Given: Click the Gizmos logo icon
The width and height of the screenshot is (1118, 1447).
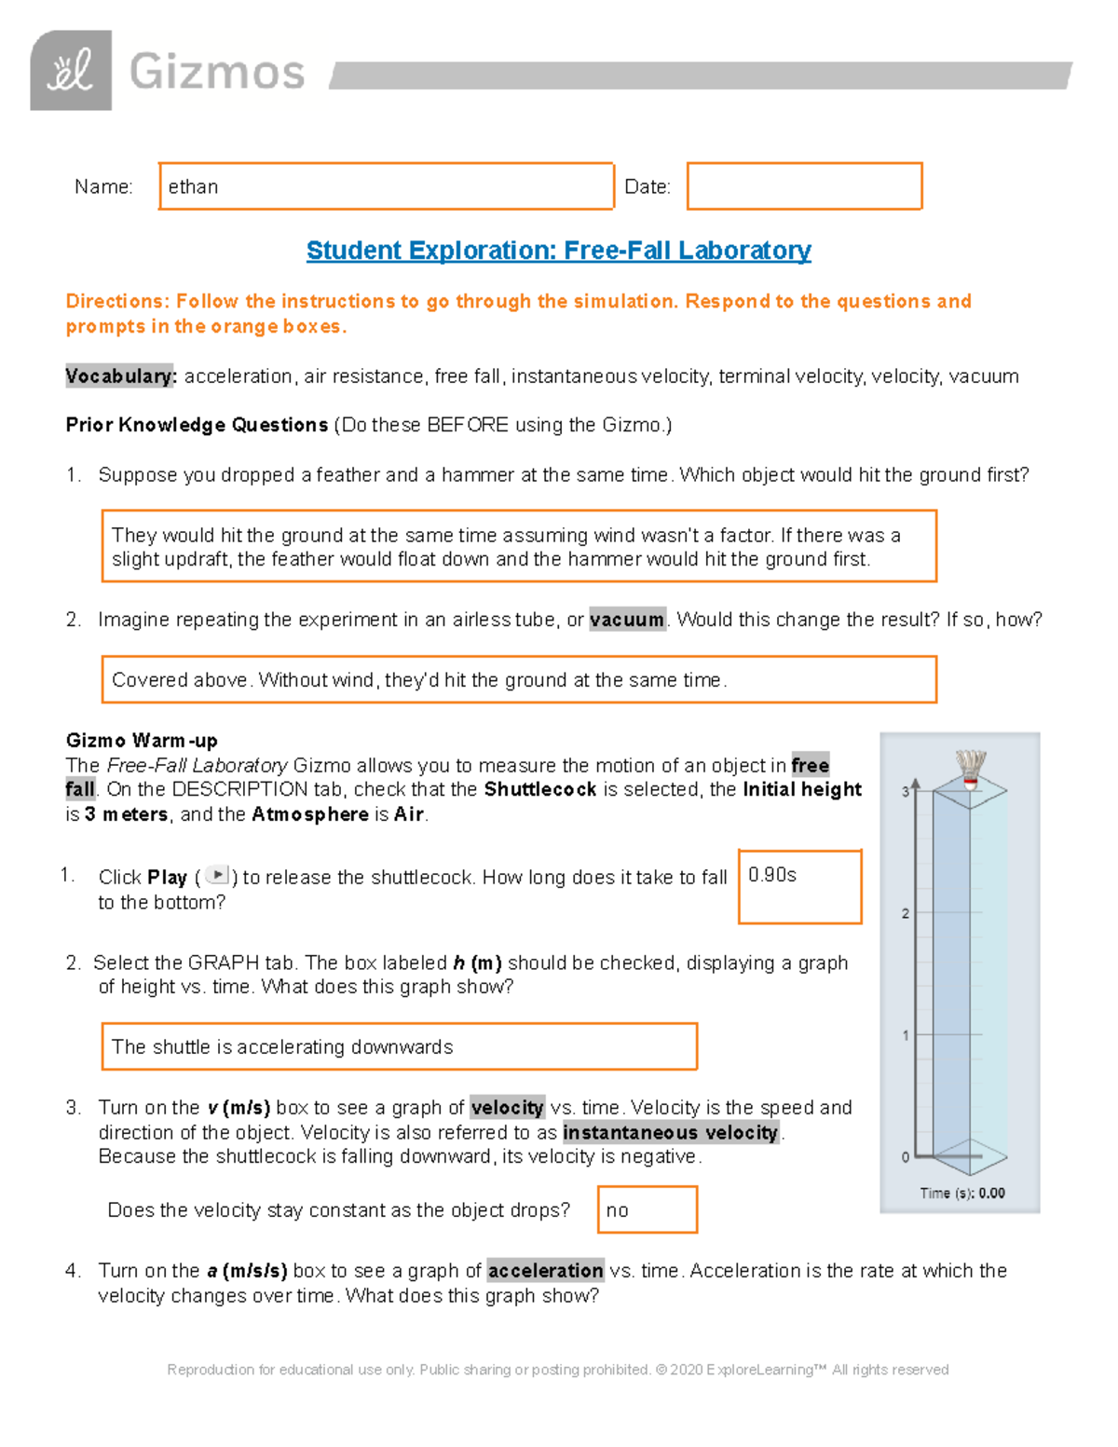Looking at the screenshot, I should click(71, 71).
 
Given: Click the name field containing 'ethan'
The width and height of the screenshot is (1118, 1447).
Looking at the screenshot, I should click(386, 186).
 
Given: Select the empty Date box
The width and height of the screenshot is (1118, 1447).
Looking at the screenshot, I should click(804, 186).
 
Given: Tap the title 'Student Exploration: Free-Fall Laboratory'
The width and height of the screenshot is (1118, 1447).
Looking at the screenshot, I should click(558, 251).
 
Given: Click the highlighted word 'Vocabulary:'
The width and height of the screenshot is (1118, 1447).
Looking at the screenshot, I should click(121, 376).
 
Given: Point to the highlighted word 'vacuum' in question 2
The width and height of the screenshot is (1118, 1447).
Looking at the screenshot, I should click(627, 620).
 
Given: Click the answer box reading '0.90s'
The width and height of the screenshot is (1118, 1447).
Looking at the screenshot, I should click(799, 886).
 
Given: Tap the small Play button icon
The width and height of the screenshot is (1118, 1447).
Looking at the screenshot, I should click(216, 875).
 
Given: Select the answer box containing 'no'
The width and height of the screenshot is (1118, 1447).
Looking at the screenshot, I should click(647, 1209).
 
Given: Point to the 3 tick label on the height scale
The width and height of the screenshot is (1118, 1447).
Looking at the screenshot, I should click(905, 792).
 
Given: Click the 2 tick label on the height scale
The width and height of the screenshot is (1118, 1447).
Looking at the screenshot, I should click(905, 913).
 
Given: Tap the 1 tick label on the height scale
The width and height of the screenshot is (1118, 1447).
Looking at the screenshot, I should click(905, 1035).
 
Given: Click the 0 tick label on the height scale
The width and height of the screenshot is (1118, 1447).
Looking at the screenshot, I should click(905, 1157).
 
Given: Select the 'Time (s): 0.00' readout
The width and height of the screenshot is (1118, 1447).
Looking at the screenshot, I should click(962, 1193).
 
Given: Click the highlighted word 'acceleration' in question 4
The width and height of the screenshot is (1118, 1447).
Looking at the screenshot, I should click(545, 1271).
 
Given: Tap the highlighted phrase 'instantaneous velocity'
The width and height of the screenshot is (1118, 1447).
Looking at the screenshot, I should click(671, 1132).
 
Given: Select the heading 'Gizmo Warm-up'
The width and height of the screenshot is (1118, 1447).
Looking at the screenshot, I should click(142, 741).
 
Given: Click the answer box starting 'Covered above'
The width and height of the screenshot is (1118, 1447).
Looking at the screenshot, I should click(518, 679).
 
